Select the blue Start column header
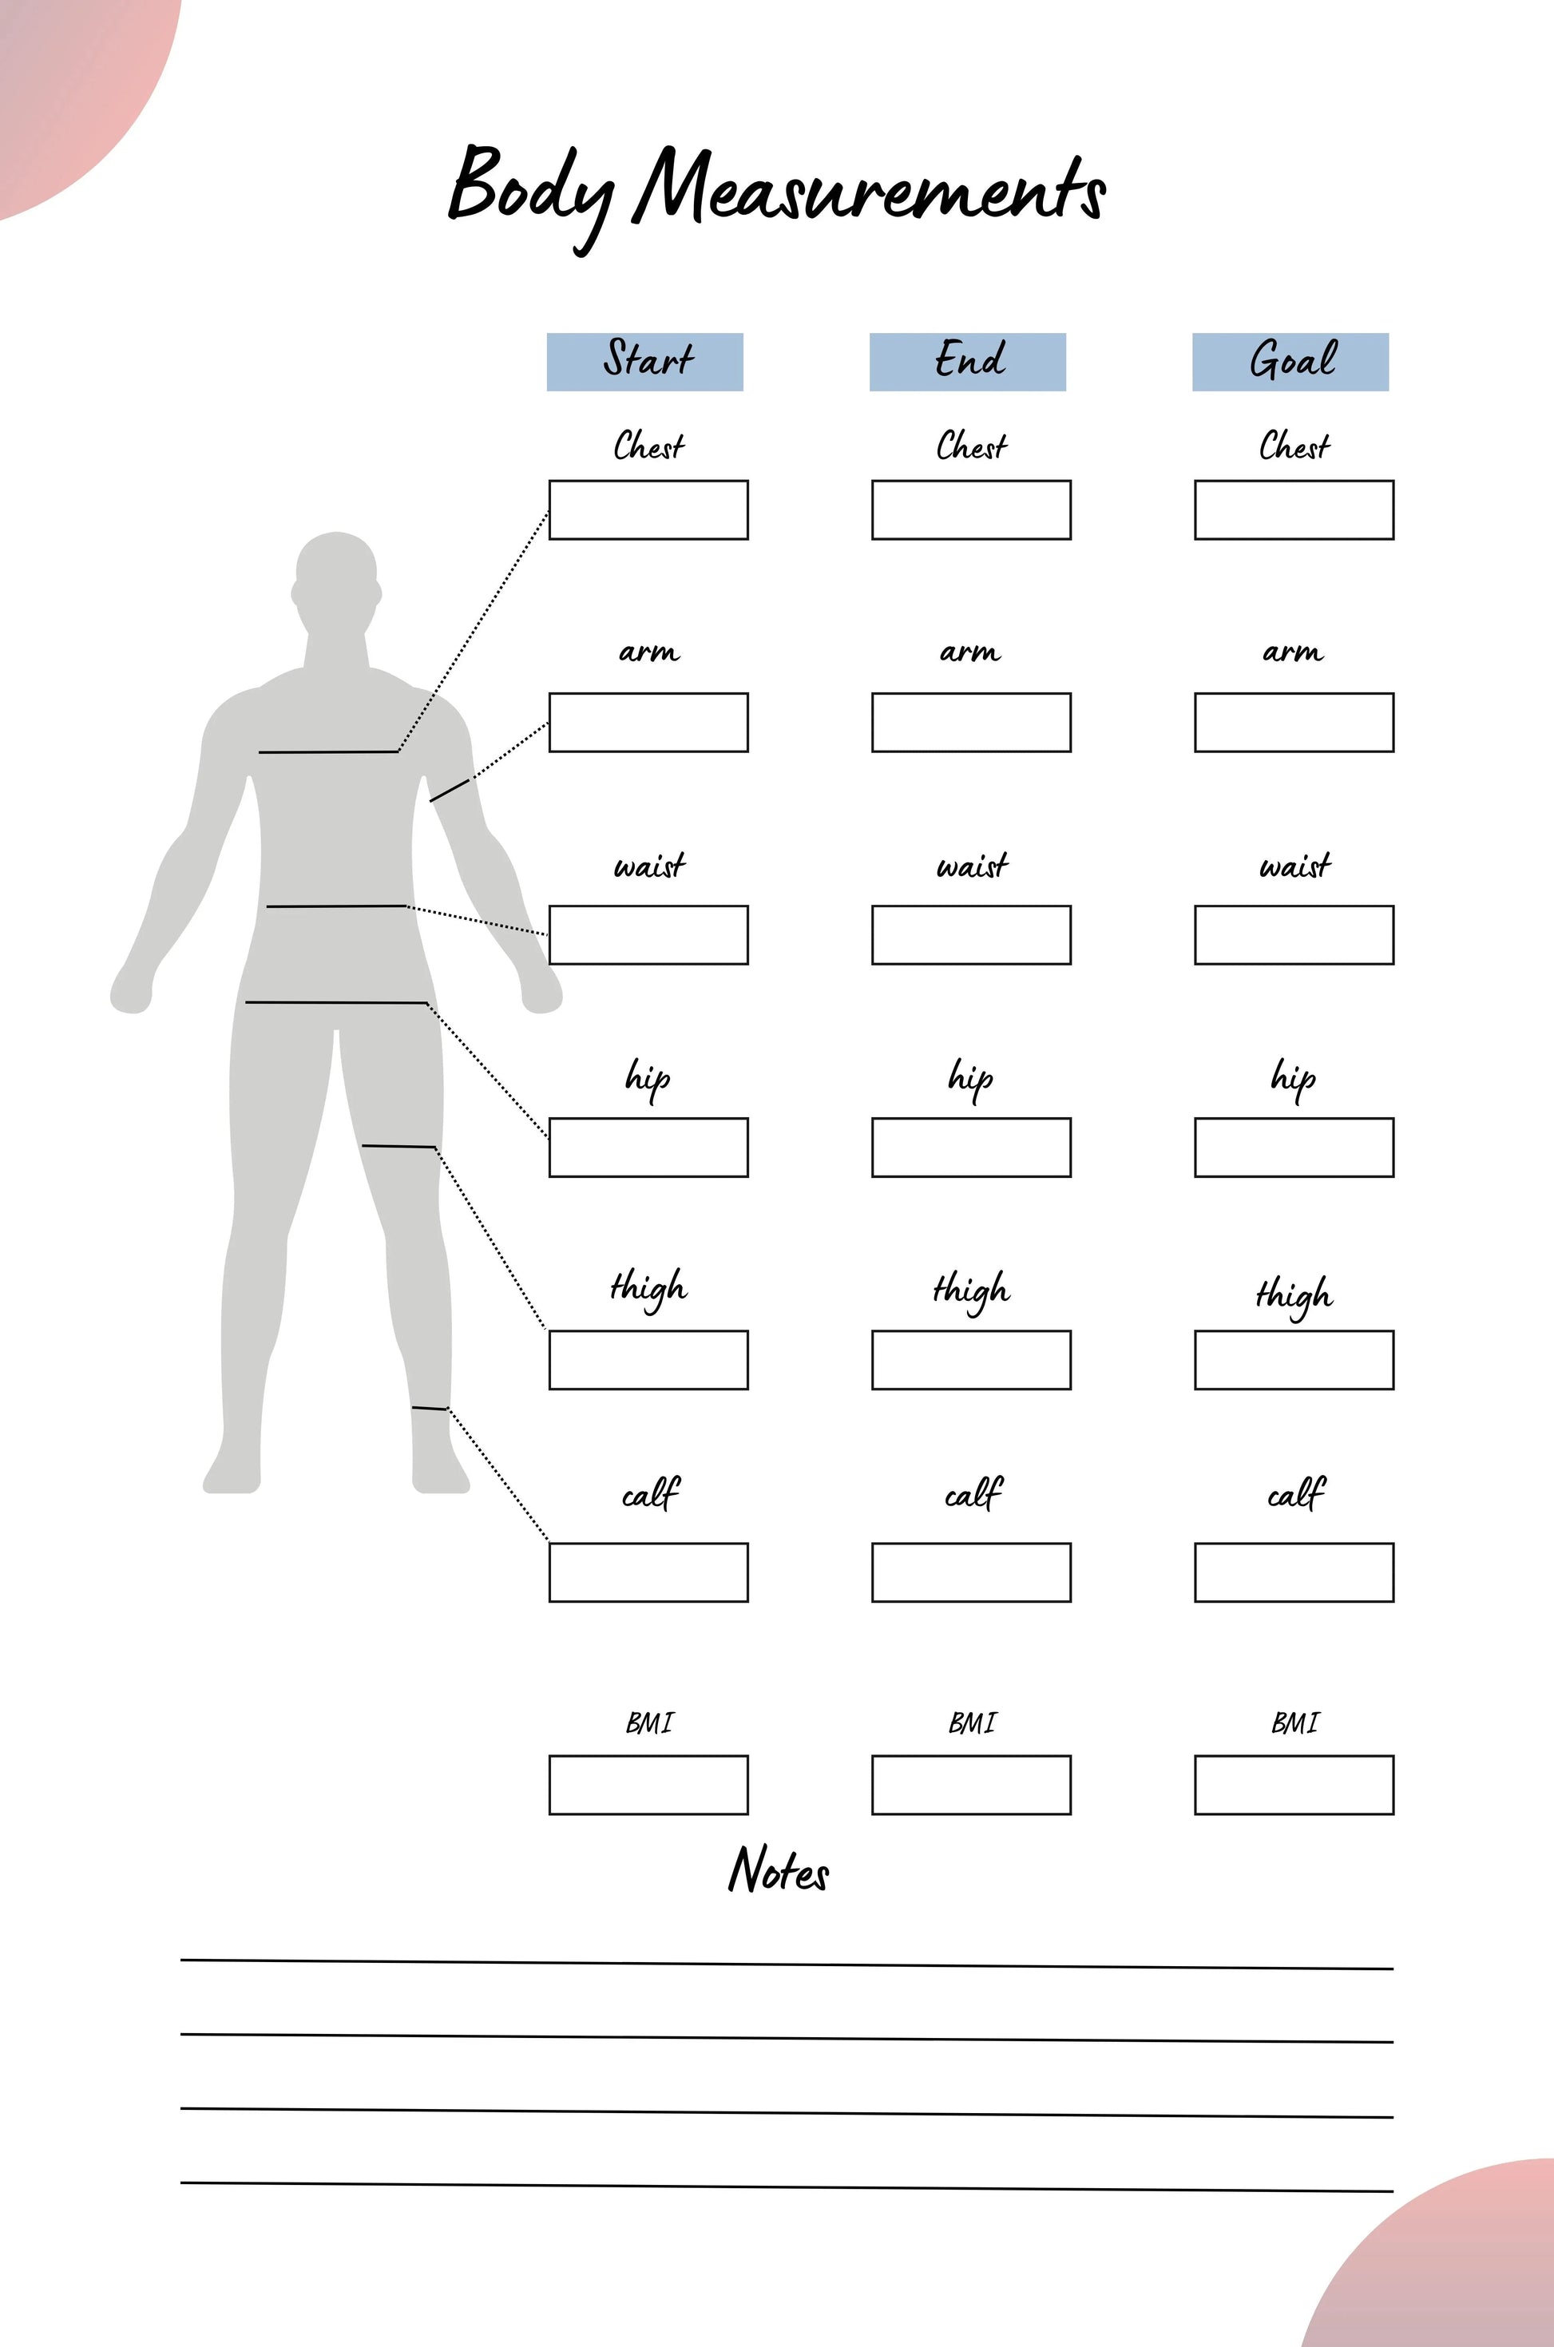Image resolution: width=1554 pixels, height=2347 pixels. click(x=645, y=362)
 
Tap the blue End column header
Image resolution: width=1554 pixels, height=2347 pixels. click(x=967, y=362)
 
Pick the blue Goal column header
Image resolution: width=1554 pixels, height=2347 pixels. click(x=1290, y=362)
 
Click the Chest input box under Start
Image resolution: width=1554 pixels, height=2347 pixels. click(x=648, y=510)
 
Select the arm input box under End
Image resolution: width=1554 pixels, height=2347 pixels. click(x=971, y=723)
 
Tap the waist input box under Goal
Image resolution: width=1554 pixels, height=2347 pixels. click(x=1294, y=934)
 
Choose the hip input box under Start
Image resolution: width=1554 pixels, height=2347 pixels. click(x=648, y=1148)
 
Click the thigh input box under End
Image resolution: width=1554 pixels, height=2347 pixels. click(x=971, y=1360)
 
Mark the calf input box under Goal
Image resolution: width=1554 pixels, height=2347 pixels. click(x=1294, y=1572)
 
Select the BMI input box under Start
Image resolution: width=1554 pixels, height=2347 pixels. click(x=648, y=1785)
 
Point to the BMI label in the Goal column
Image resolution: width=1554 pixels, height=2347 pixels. click(x=1294, y=1723)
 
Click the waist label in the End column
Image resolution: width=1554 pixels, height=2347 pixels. click(x=972, y=866)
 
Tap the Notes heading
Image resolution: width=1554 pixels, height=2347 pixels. click(x=779, y=1869)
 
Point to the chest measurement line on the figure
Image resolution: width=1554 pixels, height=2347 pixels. click(x=328, y=752)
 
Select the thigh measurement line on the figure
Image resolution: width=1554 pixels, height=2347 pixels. click(x=398, y=1147)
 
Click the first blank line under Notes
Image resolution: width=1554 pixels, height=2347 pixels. click(x=787, y=1964)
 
